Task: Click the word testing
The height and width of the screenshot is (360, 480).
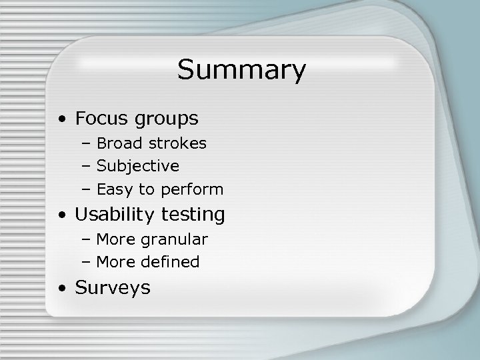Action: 196,215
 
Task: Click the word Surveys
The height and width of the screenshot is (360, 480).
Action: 113,288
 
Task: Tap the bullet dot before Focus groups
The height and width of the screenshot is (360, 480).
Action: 61,121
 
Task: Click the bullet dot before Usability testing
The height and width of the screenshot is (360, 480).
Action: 61,216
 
